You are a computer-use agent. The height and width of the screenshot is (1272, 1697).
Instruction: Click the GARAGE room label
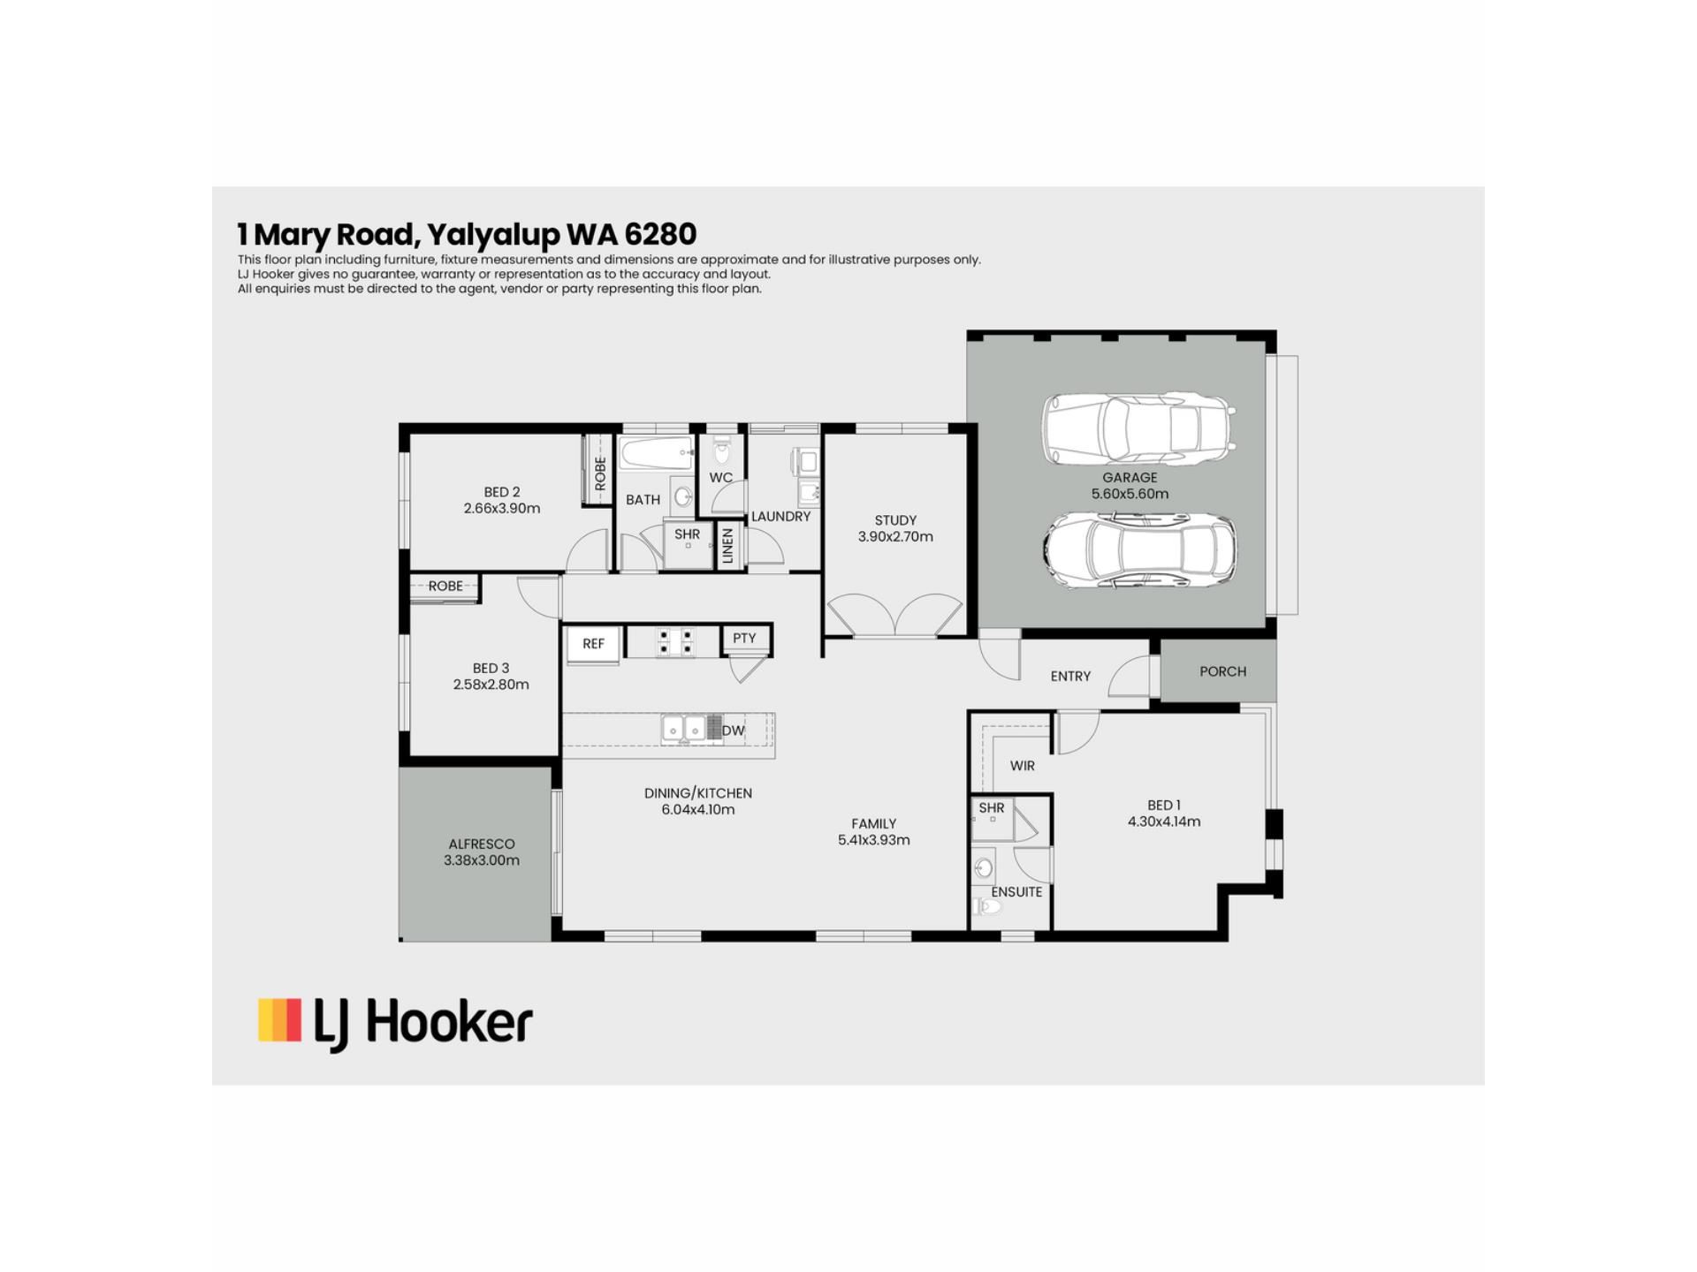tap(1130, 478)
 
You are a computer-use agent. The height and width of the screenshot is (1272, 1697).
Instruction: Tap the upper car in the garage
tap(1138, 428)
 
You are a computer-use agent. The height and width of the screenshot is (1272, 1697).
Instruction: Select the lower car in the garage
tap(1139, 549)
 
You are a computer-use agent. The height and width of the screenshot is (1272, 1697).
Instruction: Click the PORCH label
tap(1222, 671)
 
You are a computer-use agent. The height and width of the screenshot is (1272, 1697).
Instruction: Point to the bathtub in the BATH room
tap(655, 453)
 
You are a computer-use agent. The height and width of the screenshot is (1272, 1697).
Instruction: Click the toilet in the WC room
tap(722, 450)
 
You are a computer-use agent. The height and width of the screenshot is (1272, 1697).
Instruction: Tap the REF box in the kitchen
tap(593, 644)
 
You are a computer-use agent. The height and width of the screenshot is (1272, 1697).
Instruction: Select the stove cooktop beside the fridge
tap(675, 642)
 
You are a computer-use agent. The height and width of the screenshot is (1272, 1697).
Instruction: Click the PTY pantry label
tap(744, 638)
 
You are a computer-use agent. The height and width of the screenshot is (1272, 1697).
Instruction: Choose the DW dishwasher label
tap(733, 731)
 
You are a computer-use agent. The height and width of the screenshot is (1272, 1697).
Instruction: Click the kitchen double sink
tap(684, 729)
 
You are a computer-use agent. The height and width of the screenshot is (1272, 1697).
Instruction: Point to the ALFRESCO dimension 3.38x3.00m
tap(482, 860)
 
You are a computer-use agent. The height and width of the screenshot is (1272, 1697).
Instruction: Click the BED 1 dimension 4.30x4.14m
tap(1164, 821)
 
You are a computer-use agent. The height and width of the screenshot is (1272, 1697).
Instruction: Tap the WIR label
tap(1022, 766)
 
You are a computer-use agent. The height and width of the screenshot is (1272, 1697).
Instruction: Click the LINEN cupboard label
tap(727, 545)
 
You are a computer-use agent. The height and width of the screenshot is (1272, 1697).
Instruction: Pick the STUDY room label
tap(895, 520)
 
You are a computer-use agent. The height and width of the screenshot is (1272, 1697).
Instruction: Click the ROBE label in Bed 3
tap(445, 586)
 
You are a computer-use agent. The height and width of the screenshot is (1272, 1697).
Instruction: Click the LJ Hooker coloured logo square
tap(279, 1020)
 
